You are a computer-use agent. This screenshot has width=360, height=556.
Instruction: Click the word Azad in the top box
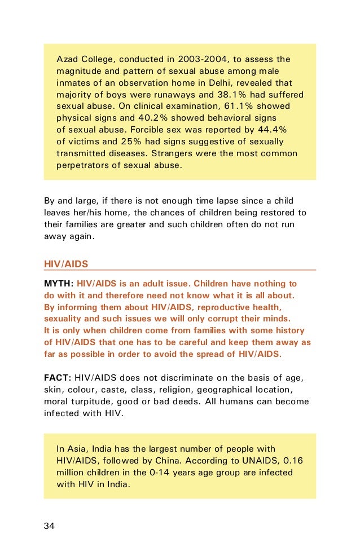(67, 59)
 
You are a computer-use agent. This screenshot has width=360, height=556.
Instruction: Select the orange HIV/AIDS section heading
(66, 264)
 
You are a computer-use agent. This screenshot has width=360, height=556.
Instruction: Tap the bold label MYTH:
(58, 283)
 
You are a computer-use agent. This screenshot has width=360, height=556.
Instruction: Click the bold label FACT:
(58, 378)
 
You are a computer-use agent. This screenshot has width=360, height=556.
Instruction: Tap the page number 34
(50, 526)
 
